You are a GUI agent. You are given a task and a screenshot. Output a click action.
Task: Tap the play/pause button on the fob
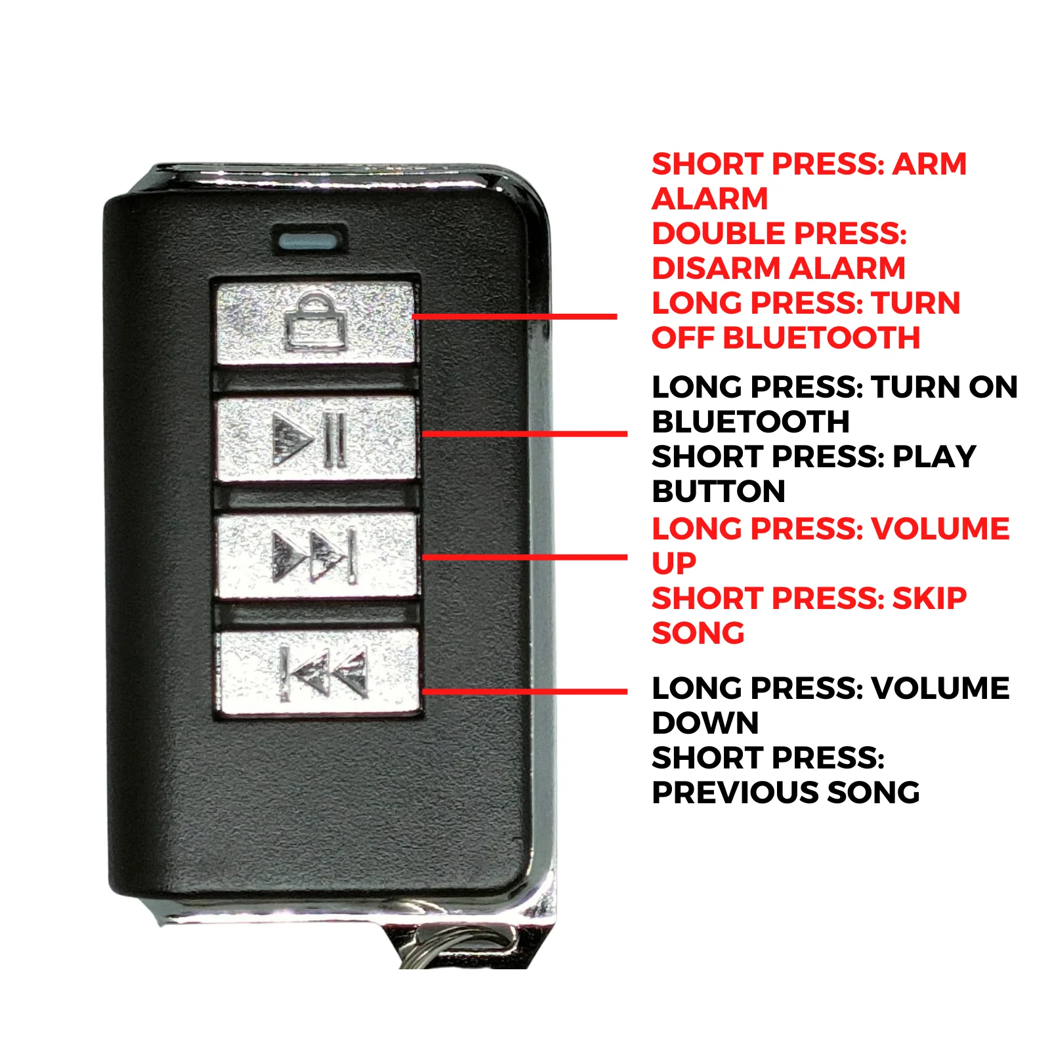click(316, 438)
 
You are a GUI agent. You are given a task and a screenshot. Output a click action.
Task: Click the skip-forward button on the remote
click(318, 556)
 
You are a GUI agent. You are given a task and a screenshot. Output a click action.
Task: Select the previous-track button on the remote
click(320, 673)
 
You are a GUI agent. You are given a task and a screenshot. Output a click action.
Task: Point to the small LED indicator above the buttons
click(310, 240)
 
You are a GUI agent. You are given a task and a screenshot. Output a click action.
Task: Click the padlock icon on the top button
click(316, 322)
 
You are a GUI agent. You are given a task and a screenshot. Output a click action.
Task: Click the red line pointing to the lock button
click(514, 316)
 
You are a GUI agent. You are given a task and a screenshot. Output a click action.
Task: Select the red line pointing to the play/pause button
click(525, 433)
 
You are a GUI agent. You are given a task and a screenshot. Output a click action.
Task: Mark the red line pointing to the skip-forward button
click(525, 557)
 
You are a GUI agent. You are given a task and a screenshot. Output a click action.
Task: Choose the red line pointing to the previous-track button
click(525, 691)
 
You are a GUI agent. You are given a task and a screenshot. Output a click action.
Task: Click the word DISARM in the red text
click(716, 268)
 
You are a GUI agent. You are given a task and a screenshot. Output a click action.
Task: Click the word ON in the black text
click(993, 387)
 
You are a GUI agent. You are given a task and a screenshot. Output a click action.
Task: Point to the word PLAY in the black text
click(934, 457)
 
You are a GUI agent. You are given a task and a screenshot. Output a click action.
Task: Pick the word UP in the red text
click(674, 564)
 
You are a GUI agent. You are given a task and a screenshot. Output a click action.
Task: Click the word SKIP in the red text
click(930, 598)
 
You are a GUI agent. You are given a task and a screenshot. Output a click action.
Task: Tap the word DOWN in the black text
click(705, 723)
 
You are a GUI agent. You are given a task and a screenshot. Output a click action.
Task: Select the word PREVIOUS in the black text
click(735, 793)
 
